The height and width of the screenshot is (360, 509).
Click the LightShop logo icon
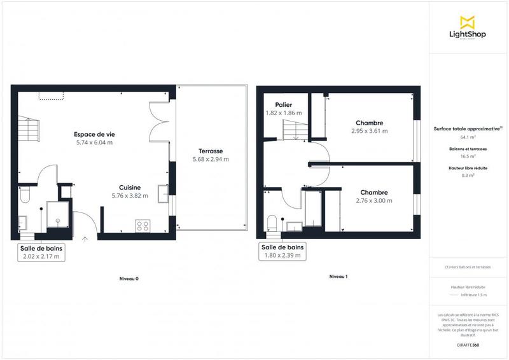click(x=468, y=22)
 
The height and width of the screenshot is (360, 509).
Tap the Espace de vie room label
click(x=94, y=134)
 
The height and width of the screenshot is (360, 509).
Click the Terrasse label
click(x=209, y=151)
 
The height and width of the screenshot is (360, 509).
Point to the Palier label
click(x=283, y=105)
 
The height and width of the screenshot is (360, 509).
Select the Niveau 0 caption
click(x=129, y=279)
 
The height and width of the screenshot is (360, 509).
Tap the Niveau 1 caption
click(x=338, y=277)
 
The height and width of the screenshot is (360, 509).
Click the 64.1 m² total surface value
click(x=468, y=137)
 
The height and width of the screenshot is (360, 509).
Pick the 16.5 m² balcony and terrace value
click(x=468, y=156)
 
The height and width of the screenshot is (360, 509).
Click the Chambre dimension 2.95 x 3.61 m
click(x=369, y=131)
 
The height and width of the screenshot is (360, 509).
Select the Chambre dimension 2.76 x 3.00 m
click(x=374, y=201)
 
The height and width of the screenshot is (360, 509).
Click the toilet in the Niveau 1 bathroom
click(x=272, y=222)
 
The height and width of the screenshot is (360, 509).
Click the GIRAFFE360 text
click(x=468, y=343)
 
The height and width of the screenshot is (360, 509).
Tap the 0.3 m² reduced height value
click(x=468, y=175)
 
